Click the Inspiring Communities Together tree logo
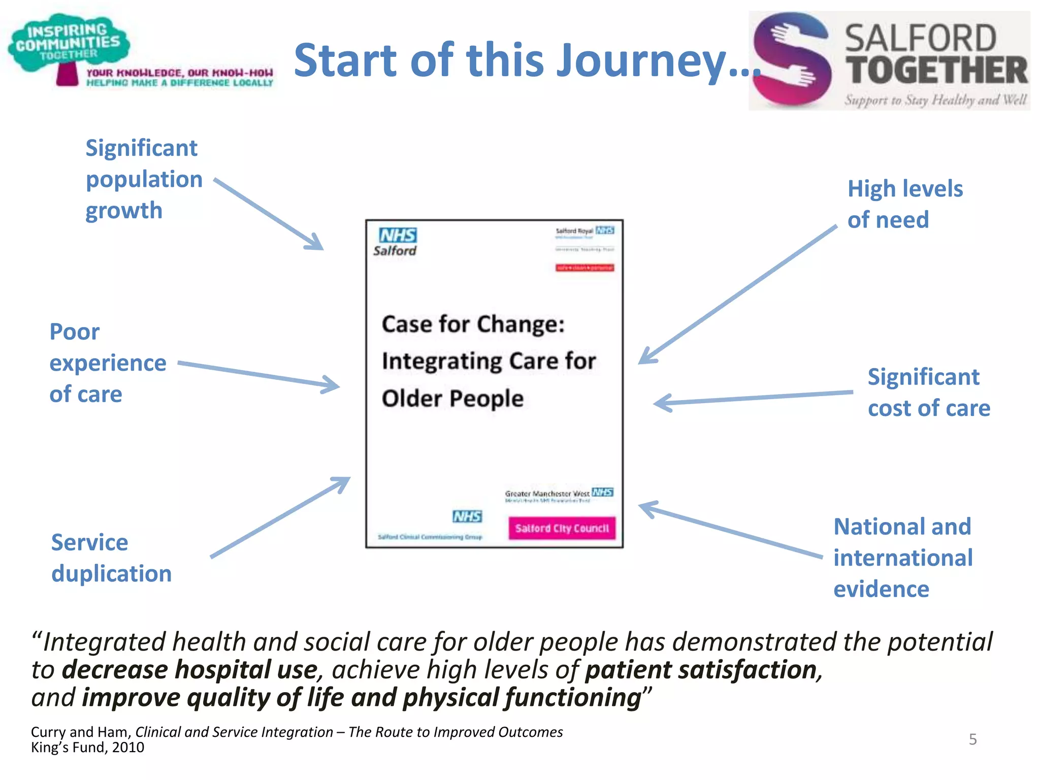click(69, 48)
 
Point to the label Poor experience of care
click(107, 363)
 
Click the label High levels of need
click(904, 204)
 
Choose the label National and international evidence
click(903, 558)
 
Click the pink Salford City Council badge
click(562, 528)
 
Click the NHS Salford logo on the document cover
click(397, 242)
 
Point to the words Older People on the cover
click(452, 399)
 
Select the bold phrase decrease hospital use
click(189, 670)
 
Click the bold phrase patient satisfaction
click(701, 670)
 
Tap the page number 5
click(972, 739)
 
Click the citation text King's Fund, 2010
click(87, 747)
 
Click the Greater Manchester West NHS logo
click(559, 494)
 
